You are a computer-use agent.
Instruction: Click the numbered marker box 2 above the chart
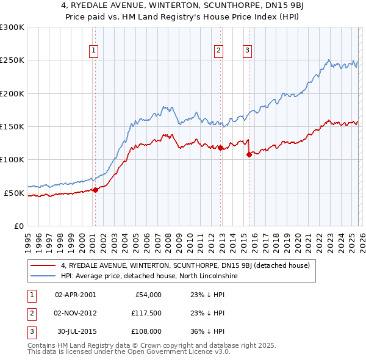coord(218,51)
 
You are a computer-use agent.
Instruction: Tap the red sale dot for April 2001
coord(95,190)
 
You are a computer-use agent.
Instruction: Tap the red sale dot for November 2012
coord(220,148)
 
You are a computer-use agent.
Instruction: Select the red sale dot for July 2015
coord(249,154)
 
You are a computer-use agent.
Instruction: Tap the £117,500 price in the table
coord(145,313)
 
